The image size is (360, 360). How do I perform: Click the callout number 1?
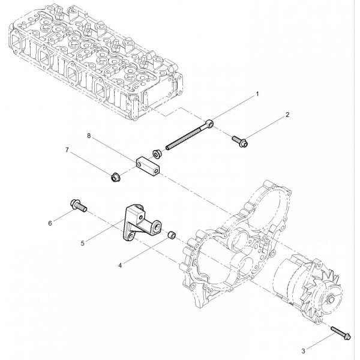[257, 94]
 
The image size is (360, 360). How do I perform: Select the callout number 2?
[287, 115]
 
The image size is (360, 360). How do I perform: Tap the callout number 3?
[303, 351]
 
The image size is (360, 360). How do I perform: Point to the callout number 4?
[120, 265]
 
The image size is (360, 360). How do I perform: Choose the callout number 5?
[83, 244]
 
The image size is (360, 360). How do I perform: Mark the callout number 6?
[50, 223]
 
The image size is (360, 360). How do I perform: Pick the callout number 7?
[67, 150]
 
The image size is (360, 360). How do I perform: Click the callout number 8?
[89, 136]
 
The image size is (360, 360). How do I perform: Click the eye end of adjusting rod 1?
[210, 123]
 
